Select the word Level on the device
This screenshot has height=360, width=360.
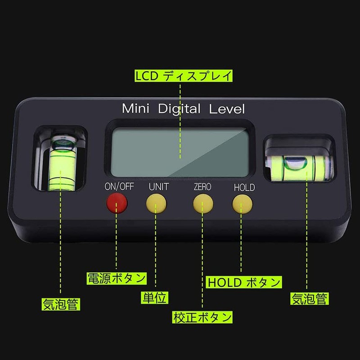pos(226,108)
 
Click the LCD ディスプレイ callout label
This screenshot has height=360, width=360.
pos(184,76)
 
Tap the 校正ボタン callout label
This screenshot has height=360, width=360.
pos(202,317)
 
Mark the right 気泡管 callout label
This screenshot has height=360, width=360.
pos(309,297)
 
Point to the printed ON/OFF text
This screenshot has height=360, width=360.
pos(119,187)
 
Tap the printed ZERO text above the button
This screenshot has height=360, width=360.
pos(202,187)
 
